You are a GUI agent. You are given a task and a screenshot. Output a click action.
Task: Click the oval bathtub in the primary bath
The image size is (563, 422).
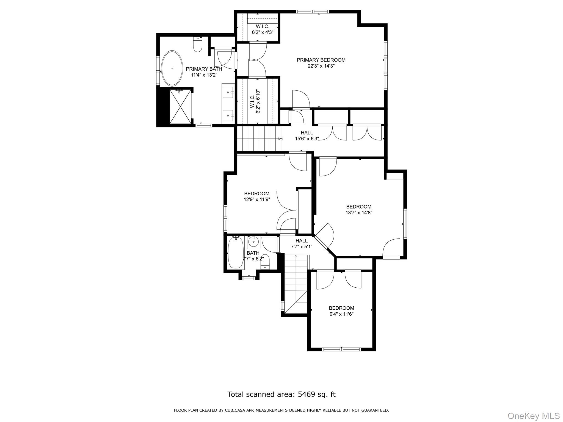coord(172,68)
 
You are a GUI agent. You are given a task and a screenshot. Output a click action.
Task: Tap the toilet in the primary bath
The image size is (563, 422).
coord(198,45)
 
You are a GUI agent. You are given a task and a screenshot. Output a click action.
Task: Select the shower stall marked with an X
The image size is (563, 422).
coord(180,107)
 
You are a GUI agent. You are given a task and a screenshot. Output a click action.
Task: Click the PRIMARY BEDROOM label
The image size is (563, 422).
coord(321,60)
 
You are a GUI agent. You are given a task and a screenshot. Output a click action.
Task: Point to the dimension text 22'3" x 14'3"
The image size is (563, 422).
coord(321,66)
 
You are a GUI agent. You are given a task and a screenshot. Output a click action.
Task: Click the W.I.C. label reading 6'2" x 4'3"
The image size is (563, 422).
coord(263,29)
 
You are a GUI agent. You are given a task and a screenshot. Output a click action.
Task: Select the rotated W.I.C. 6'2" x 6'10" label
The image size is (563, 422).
coord(255,101)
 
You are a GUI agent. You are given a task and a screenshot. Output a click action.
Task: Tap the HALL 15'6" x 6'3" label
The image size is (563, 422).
coord(307,136)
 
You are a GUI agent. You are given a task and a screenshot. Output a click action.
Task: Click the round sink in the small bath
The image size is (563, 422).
coord(253,242)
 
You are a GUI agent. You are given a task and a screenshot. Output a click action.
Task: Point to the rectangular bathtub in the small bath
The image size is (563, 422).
coord(236,252)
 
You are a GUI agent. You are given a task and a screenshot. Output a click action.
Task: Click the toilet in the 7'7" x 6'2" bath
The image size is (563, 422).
coord(265,262)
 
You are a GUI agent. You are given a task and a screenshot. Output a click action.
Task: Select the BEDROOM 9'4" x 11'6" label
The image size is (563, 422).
coord(341,311)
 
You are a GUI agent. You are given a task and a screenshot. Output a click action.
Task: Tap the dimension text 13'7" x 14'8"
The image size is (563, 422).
coord(359,212)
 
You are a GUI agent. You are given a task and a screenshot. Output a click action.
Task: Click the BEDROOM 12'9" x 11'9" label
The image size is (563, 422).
coord(257,196)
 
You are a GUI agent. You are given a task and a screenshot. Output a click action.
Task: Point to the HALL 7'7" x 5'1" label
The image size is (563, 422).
coord(302,244)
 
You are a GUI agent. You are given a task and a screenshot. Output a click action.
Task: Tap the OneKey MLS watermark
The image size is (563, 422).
coord(533,416)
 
